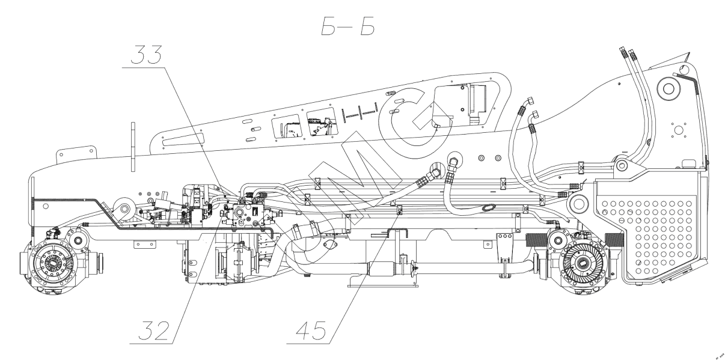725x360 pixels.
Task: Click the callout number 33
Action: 144,57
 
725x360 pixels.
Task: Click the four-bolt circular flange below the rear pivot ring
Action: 678,130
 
